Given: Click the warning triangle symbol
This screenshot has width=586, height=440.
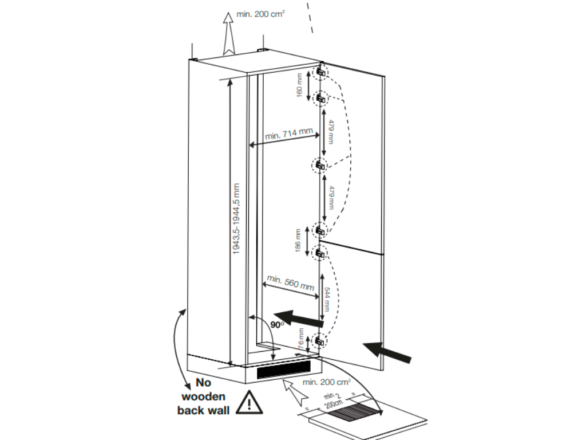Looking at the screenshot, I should [250, 403].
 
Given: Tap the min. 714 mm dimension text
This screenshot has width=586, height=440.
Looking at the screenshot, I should [289, 136].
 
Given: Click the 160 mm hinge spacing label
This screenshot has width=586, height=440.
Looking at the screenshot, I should [299, 85].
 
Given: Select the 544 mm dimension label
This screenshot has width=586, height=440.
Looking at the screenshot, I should [326, 298].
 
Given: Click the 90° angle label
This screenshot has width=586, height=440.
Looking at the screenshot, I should [279, 325].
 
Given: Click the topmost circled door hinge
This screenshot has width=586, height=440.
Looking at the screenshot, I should [320, 71].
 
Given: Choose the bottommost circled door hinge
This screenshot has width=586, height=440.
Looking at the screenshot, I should [319, 341].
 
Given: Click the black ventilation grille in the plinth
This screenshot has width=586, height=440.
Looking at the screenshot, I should [283, 372].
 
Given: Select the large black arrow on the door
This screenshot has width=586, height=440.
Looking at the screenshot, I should [387, 350].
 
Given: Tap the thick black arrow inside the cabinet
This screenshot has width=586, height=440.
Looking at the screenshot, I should [296, 316].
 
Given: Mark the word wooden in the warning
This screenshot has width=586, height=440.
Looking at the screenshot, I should [203, 396].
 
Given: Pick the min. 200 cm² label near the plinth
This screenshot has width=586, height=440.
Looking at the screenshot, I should [327, 382].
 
